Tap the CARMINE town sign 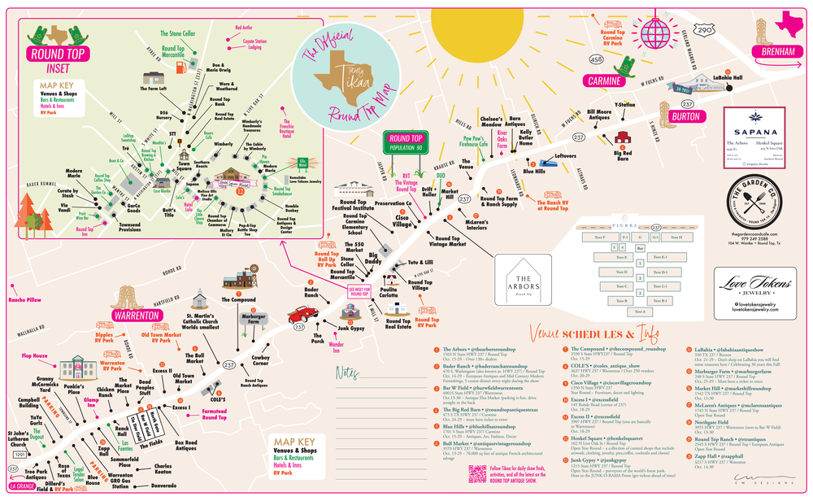tap(603, 81)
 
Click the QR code tap(477, 475)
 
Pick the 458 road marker tap(595, 59)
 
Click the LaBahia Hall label tap(727, 78)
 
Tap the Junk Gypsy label tap(351, 328)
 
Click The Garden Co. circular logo tap(756, 196)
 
